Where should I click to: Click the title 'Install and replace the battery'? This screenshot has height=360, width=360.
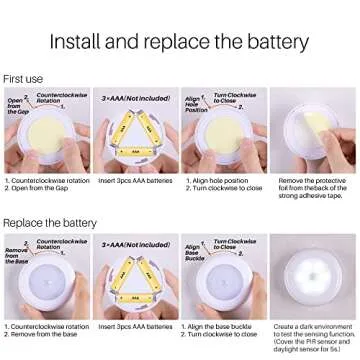(180, 43)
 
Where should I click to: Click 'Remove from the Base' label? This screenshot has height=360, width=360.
(18, 255)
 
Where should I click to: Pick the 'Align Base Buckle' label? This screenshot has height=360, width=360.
(196, 254)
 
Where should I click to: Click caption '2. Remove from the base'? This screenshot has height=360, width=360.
(43, 335)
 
